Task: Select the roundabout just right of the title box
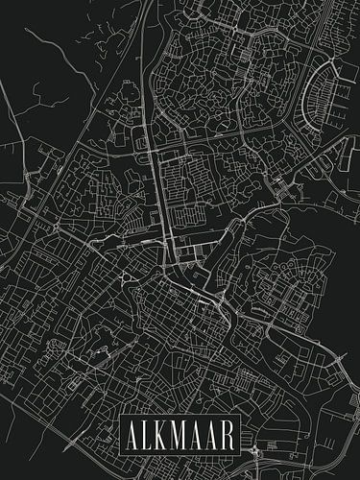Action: point(254,450)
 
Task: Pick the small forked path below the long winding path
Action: point(43,91)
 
